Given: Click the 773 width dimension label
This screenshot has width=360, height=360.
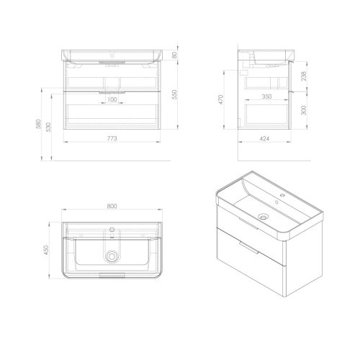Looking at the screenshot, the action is click(x=112, y=138).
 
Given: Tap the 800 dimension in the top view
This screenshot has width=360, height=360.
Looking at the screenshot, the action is click(x=112, y=206).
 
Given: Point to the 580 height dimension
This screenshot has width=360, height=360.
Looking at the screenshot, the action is click(x=38, y=125).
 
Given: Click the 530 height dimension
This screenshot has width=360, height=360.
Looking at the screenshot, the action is click(x=48, y=127).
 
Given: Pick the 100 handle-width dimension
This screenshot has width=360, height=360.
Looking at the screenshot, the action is click(x=112, y=99).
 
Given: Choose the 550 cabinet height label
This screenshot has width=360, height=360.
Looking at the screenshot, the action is click(x=174, y=94).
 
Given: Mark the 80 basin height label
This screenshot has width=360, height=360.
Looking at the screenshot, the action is click(x=174, y=55).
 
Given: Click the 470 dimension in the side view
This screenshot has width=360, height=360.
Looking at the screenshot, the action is click(x=220, y=99).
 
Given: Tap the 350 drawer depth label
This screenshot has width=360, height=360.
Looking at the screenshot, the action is click(x=266, y=96).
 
